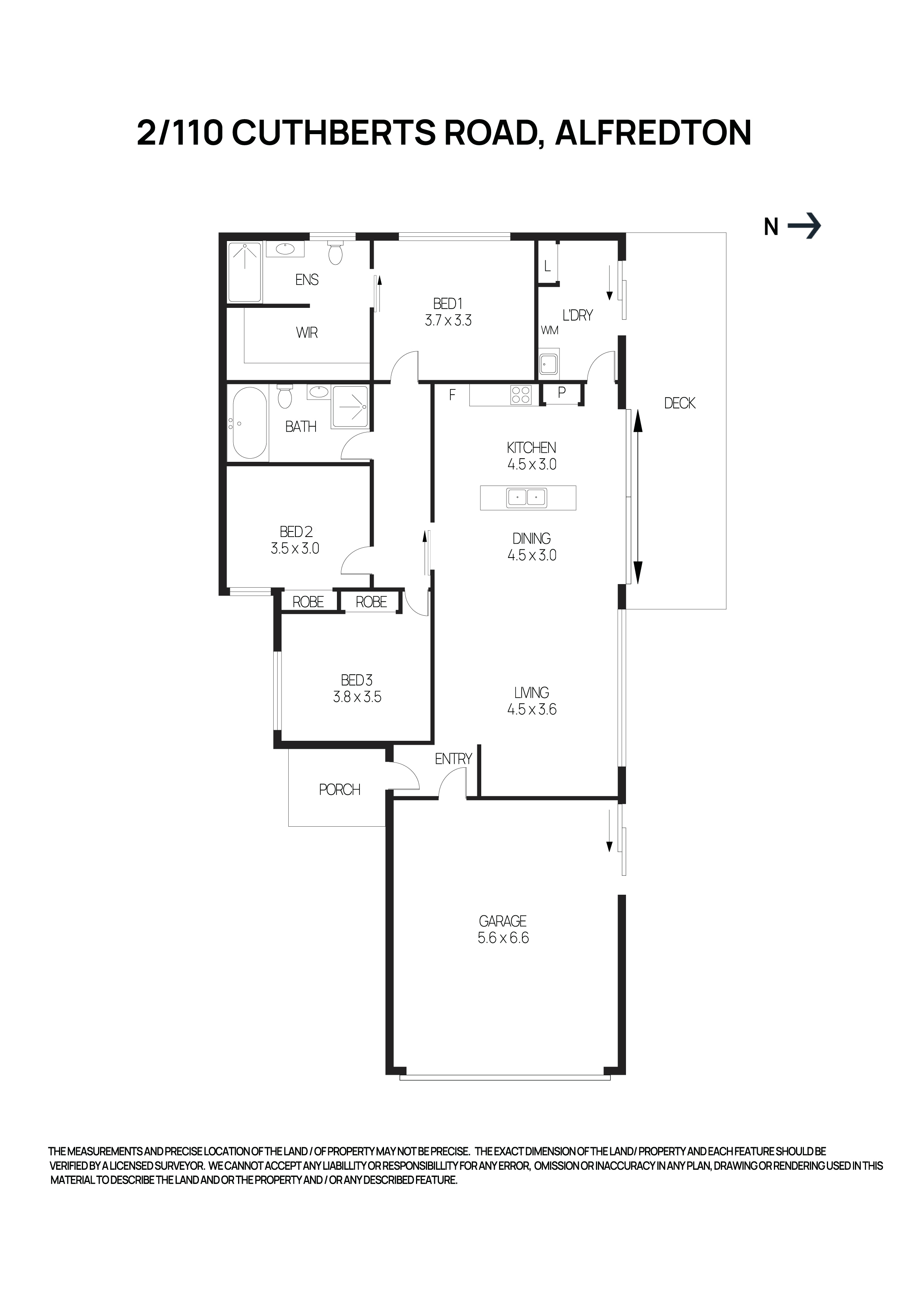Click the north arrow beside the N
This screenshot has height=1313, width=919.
click(x=804, y=226)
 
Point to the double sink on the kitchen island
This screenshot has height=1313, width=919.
click(x=526, y=497)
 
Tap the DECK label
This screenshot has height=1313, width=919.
click(x=679, y=403)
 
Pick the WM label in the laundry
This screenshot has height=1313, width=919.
click(x=549, y=330)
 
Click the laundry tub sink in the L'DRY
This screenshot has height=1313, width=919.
click(x=548, y=364)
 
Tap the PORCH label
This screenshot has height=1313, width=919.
click(x=339, y=790)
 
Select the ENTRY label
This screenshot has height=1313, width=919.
click(x=453, y=759)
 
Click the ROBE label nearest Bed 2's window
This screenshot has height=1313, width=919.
click(x=308, y=601)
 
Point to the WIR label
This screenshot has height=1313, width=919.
click(x=307, y=333)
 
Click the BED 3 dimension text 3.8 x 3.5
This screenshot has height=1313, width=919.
click(x=357, y=697)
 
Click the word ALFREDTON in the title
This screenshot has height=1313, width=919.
click(x=653, y=133)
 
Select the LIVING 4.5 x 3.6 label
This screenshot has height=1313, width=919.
click(x=531, y=701)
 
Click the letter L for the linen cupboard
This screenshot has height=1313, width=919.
click(x=547, y=266)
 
